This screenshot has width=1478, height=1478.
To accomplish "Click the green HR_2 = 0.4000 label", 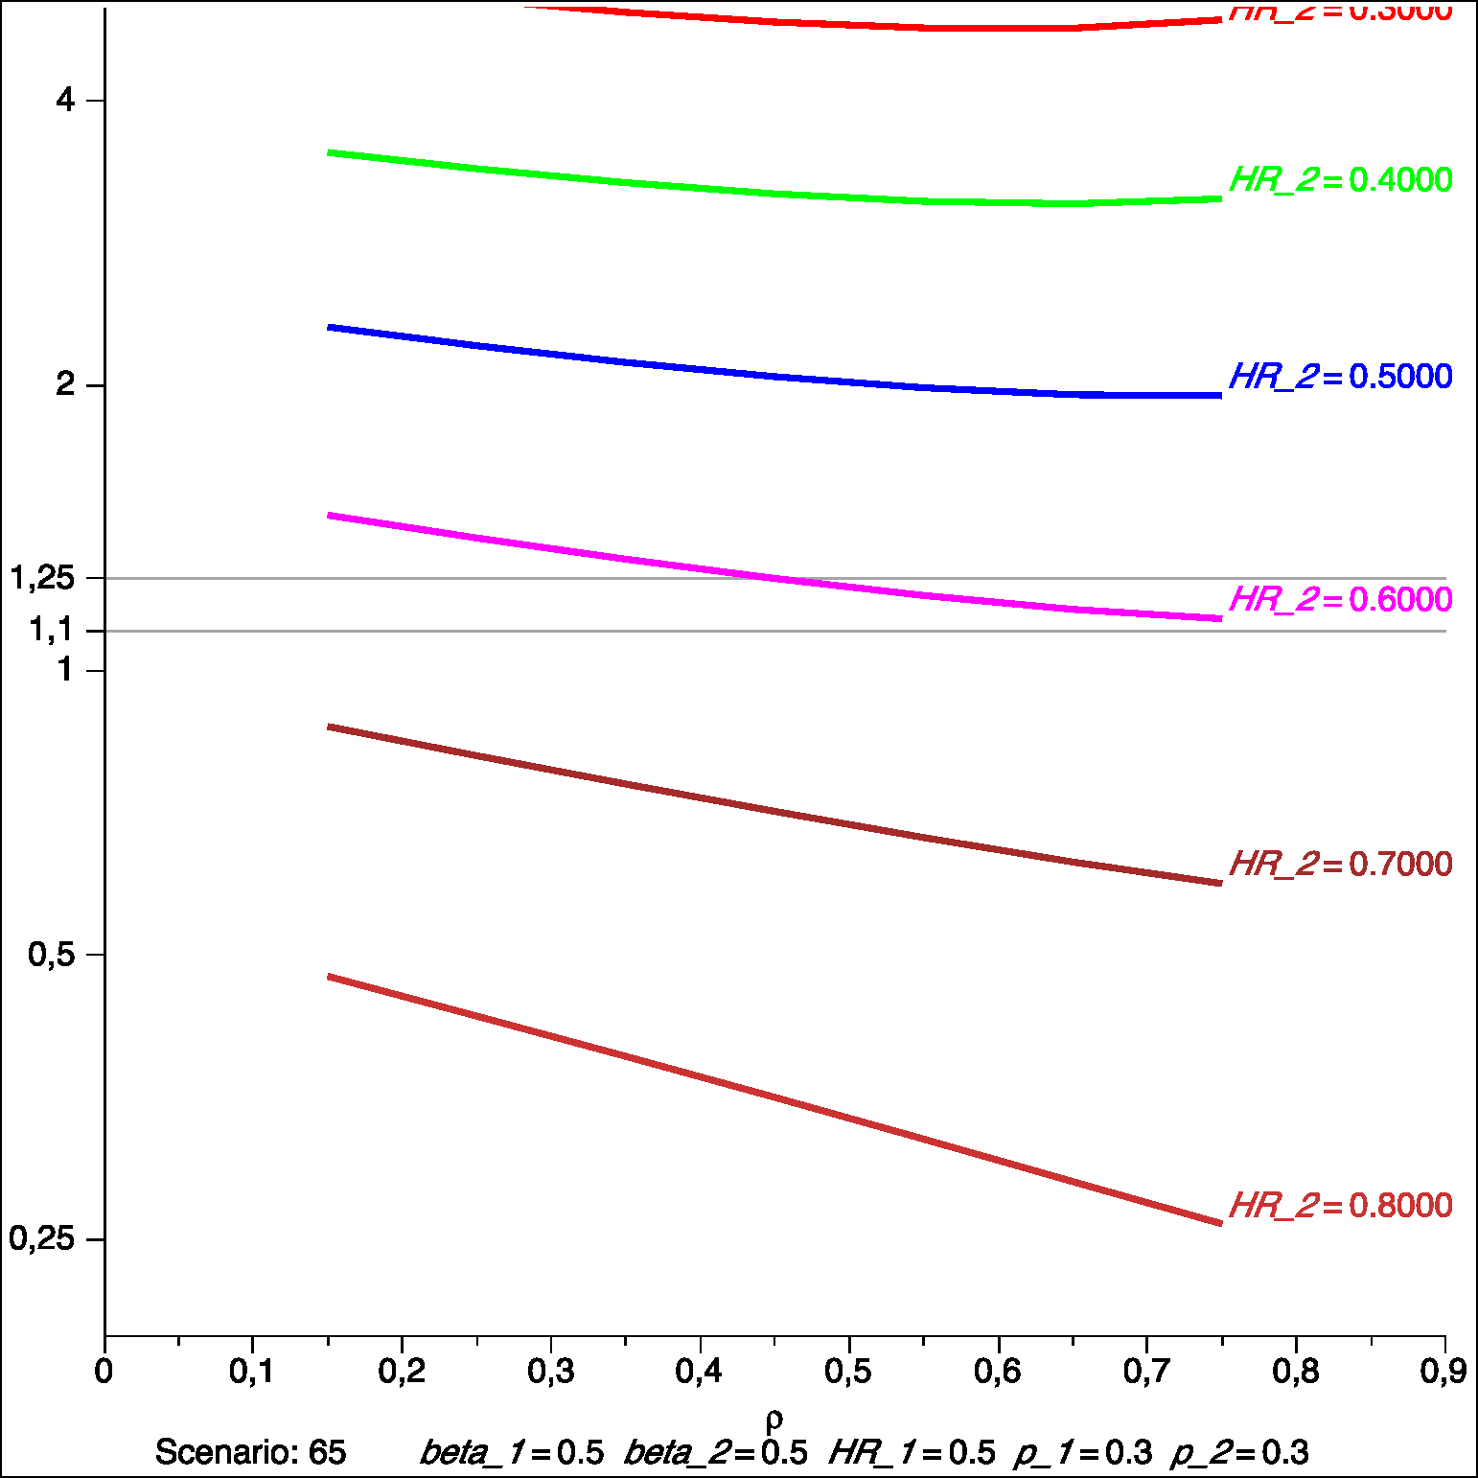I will [x=1340, y=180].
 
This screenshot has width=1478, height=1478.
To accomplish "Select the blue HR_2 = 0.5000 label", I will [x=1340, y=377].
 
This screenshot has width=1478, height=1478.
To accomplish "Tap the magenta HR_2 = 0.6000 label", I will [x=1340, y=600].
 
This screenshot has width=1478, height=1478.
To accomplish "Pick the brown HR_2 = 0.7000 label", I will [x=1340, y=865].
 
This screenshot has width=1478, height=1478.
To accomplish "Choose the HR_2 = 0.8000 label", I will [x=1340, y=1206].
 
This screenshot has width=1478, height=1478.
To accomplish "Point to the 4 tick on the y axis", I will [x=65, y=100].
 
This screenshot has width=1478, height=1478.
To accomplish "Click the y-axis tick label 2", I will [x=65, y=384].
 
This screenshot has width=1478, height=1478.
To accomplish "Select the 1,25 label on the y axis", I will [x=42, y=578].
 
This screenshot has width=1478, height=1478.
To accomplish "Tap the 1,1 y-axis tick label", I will [x=51, y=630].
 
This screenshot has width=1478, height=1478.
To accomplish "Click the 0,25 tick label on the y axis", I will [x=42, y=1238].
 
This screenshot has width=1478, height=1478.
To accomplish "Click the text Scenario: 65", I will [x=250, y=1453].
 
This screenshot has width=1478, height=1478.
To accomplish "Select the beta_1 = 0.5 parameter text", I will [x=512, y=1453].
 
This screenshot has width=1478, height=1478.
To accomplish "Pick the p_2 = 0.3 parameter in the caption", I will [x=1239, y=1453].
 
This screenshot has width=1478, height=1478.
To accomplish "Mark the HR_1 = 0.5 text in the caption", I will [x=912, y=1453].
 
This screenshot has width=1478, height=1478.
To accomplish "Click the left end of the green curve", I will [x=329, y=152].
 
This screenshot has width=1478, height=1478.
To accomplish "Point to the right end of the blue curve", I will [x=1220, y=395].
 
